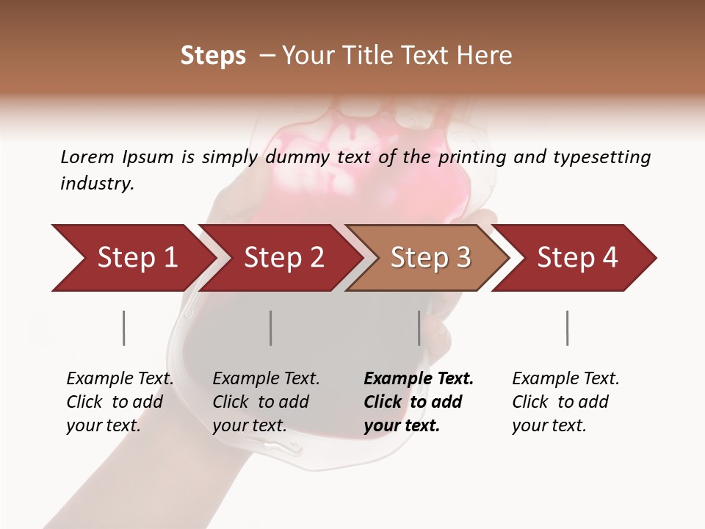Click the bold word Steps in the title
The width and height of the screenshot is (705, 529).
pos(213,56)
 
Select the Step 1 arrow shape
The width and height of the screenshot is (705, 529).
pos(132,258)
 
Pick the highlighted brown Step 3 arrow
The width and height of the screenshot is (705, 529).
pos(429,258)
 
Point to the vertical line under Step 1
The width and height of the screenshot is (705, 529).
pos(123,328)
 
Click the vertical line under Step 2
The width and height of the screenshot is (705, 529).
pos(270,328)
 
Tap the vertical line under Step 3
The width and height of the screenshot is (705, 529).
pos(419,328)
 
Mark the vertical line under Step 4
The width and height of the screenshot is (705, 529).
pos(567,328)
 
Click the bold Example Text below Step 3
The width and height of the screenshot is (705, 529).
pos(419,402)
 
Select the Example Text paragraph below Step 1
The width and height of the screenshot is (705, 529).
pos(120,402)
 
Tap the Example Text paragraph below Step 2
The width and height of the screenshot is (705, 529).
pos(266,402)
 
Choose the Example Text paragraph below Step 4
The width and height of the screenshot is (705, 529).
pos(565,402)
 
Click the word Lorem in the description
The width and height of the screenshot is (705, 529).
pos(87,156)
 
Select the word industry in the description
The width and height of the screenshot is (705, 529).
pos(97,184)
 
